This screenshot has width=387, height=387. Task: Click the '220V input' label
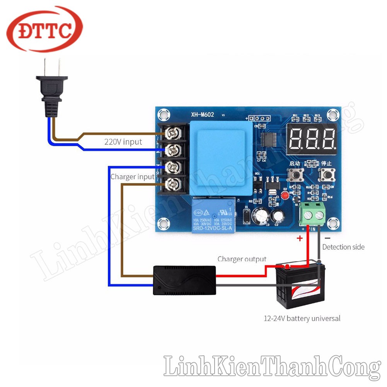point(123,142)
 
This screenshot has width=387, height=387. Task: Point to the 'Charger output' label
point(242,259)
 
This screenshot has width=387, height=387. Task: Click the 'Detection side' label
point(343,247)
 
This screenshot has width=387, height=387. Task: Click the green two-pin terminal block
point(313,214)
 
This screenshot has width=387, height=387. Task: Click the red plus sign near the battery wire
point(299,238)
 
